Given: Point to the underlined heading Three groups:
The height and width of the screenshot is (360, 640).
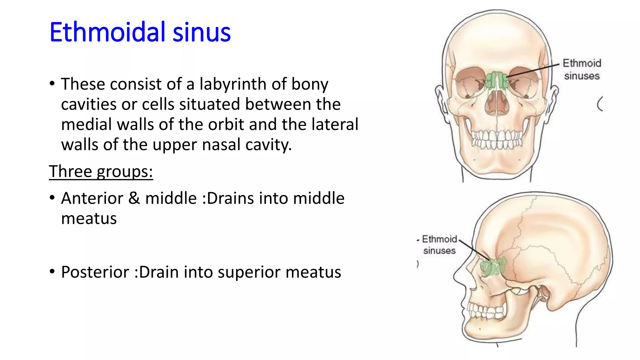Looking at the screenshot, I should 101,171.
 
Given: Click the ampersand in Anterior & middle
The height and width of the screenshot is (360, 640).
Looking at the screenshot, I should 134,198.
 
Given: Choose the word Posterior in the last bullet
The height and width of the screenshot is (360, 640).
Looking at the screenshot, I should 95,272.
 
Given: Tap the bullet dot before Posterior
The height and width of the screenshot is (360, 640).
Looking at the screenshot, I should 52,271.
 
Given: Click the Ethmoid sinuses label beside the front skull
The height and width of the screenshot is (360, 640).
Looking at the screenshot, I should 582,69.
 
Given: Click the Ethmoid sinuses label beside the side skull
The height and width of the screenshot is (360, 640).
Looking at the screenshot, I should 439,245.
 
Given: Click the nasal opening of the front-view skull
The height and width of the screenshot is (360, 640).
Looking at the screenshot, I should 497,103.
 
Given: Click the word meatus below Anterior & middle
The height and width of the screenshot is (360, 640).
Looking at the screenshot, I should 89,218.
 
